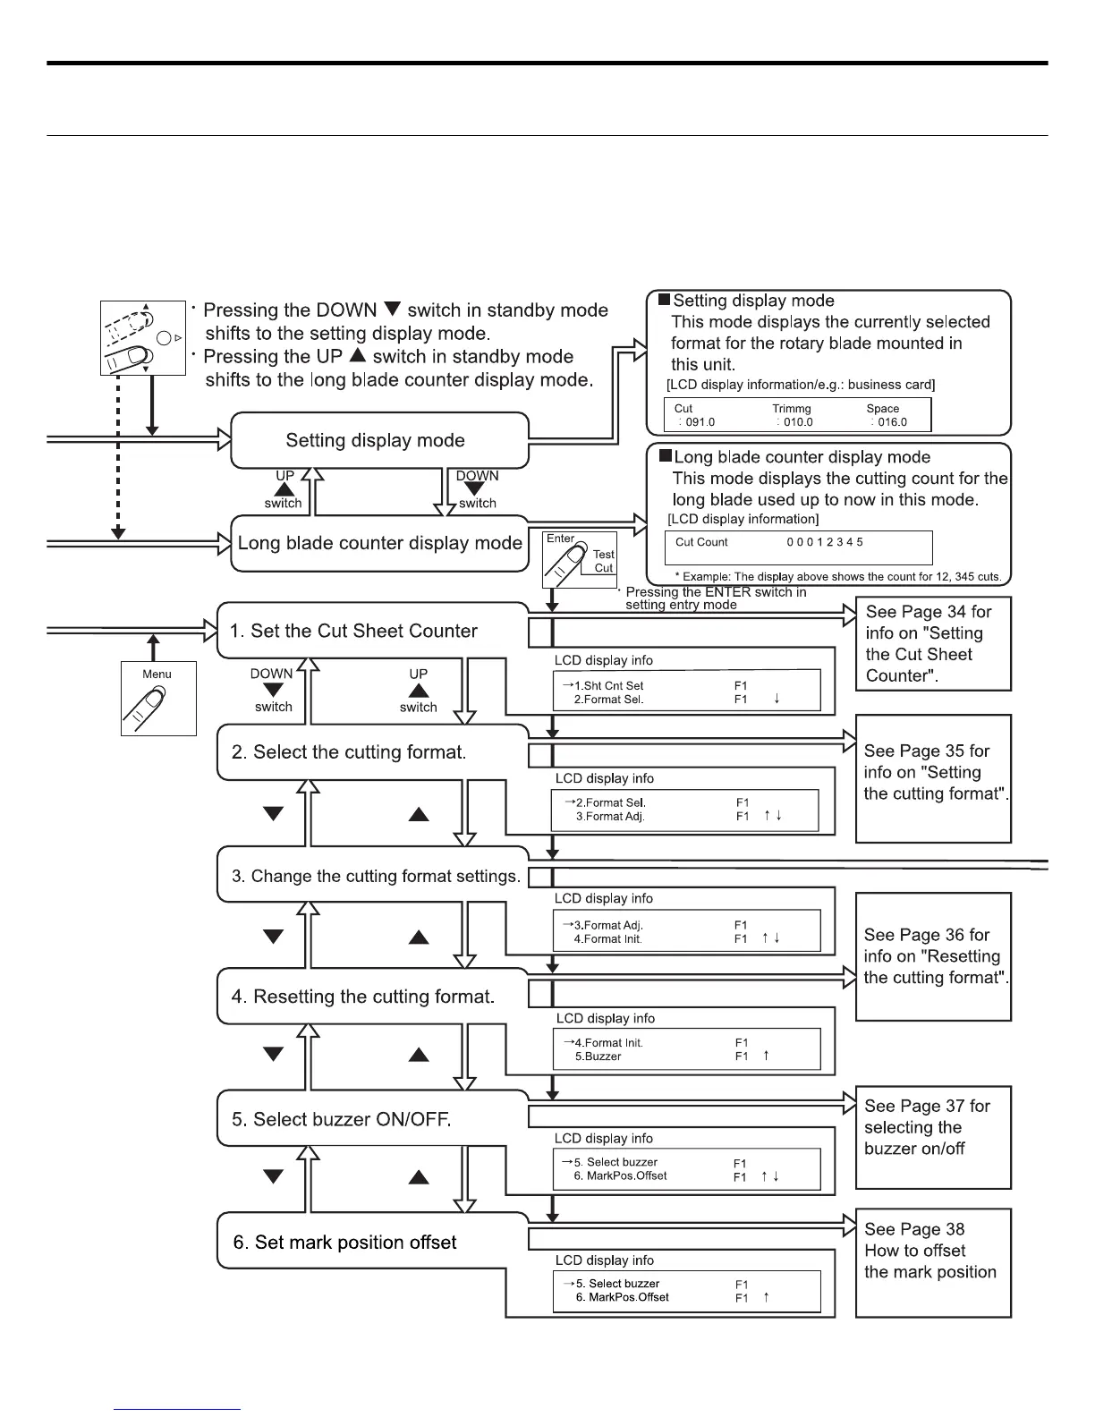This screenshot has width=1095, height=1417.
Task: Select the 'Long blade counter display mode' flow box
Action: coord(379,543)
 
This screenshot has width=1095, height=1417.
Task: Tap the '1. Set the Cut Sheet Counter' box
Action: coord(353,631)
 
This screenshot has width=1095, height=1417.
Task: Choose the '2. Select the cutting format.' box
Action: coord(349,752)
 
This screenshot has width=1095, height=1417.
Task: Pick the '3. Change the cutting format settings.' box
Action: coord(376,876)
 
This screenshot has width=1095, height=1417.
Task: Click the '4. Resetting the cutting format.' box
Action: coord(362,997)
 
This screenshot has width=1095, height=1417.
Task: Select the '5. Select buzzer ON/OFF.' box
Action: coord(341,1119)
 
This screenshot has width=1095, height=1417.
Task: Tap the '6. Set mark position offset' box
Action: coord(344,1242)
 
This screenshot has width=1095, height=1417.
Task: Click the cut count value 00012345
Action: coord(825,542)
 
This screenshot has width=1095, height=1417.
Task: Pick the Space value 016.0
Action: coord(891,422)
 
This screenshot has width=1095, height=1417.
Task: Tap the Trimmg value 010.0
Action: coord(798,422)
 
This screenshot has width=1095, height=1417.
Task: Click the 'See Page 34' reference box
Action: coord(933,644)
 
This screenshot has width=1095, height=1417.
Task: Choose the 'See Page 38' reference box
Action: coord(933,1262)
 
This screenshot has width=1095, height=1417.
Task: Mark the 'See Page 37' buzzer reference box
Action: coord(933,1137)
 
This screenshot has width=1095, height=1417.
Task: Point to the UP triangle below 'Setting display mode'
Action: coord(284,489)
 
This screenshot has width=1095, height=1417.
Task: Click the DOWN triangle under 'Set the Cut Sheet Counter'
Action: coord(273,690)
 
